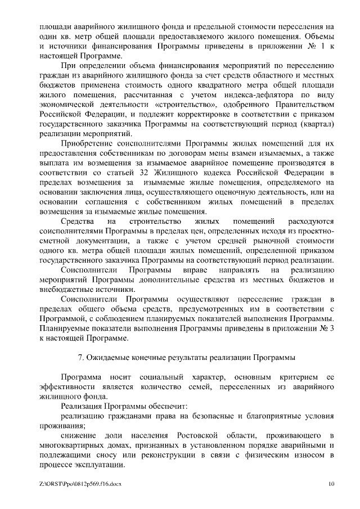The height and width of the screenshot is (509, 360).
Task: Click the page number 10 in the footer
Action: [x=331, y=483]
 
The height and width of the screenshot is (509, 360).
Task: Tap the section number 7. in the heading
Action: [x=79, y=357]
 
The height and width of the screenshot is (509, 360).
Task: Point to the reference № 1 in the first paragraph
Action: [x=319, y=47]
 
